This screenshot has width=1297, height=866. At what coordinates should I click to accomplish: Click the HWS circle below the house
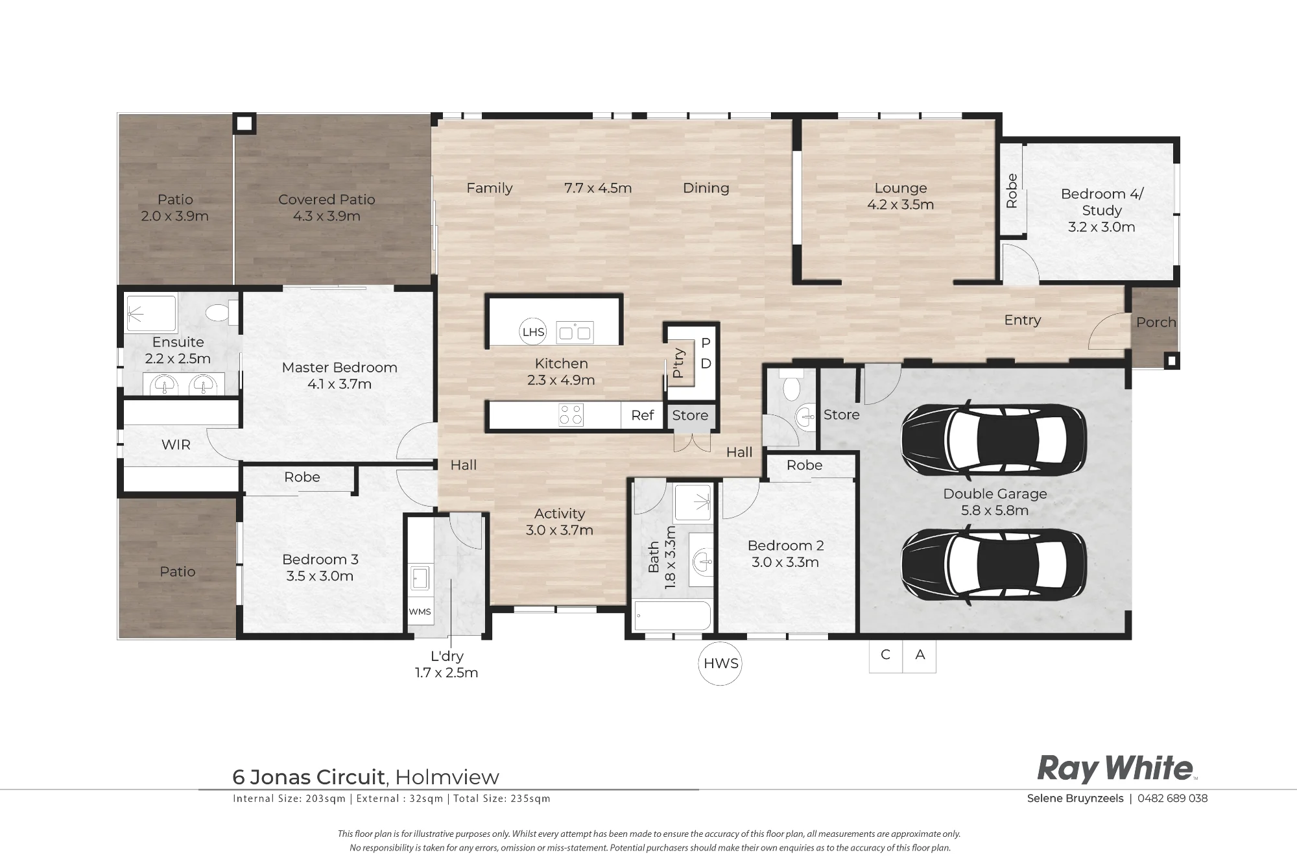point(720,664)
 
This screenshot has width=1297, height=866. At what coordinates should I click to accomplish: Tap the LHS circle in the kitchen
point(533,332)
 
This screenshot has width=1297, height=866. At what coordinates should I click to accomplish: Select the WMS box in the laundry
point(420,612)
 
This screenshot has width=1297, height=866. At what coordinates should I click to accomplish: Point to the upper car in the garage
point(994,432)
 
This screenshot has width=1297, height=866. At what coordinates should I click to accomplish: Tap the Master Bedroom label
point(339,376)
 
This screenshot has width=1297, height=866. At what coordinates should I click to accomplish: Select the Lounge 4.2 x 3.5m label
point(900,196)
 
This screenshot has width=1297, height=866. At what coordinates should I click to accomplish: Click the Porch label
point(1156,322)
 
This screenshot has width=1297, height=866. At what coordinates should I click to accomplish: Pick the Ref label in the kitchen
point(642,415)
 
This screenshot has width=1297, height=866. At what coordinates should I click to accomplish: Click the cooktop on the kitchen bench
point(571,415)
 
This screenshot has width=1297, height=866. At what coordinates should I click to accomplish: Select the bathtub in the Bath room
point(672,616)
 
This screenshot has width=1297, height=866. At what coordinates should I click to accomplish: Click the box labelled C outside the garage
point(885,655)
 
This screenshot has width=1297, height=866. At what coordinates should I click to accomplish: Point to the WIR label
point(176,445)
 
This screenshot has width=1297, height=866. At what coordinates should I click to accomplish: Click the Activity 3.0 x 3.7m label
point(559,522)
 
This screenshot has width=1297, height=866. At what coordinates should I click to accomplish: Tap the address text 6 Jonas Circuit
point(309,776)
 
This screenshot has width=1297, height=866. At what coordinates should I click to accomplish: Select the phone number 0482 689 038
point(1172,799)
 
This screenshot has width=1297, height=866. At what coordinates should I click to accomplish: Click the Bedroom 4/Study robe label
point(1012,191)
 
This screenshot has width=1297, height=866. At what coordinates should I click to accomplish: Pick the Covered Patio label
point(326,208)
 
